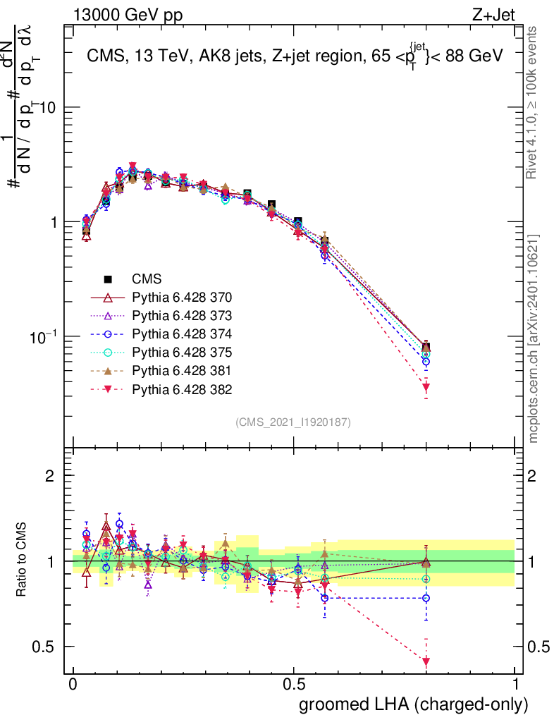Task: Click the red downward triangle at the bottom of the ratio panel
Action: (x=426, y=661)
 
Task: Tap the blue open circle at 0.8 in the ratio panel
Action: (x=426, y=598)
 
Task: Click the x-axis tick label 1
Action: (x=515, y=685)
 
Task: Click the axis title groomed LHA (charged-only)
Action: (x=414, y=704)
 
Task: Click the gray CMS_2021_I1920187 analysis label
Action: (x=294, y=422)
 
